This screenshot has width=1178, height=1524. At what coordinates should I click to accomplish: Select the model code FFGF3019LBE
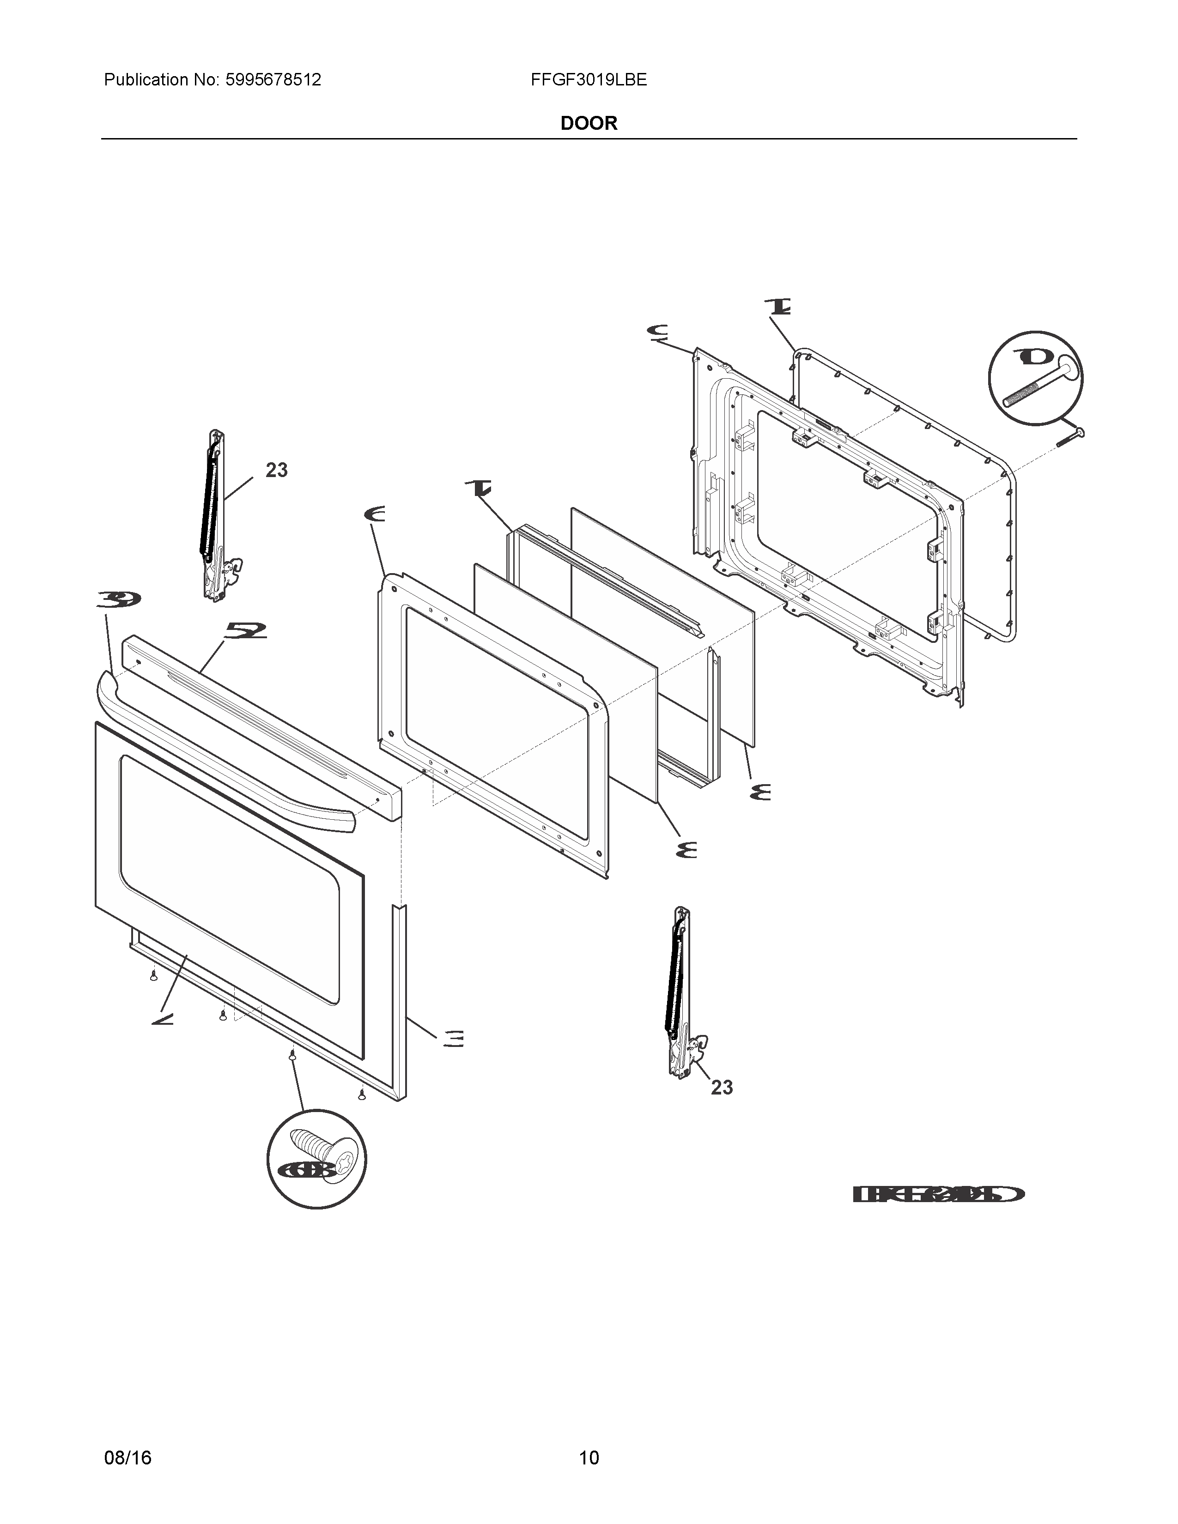tap(588, 80)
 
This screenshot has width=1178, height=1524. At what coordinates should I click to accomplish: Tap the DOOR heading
tap(588, 123)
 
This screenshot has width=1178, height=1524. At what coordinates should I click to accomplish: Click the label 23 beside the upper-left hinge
tap(276, 470)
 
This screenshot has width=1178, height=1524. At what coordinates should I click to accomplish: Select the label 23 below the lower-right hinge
tap(722, 1087)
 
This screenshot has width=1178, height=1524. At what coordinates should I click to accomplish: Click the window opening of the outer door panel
tap(231, 879)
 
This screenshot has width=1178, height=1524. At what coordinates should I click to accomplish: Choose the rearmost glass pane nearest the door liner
tap(663, 628)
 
